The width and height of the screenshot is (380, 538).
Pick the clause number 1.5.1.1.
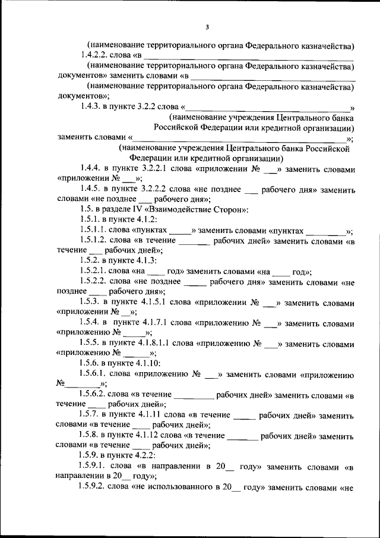[97, 231]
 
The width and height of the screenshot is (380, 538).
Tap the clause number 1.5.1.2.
[97, 241]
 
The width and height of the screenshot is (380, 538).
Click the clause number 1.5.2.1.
[97, 271]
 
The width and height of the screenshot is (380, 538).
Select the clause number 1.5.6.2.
[97, 395]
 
